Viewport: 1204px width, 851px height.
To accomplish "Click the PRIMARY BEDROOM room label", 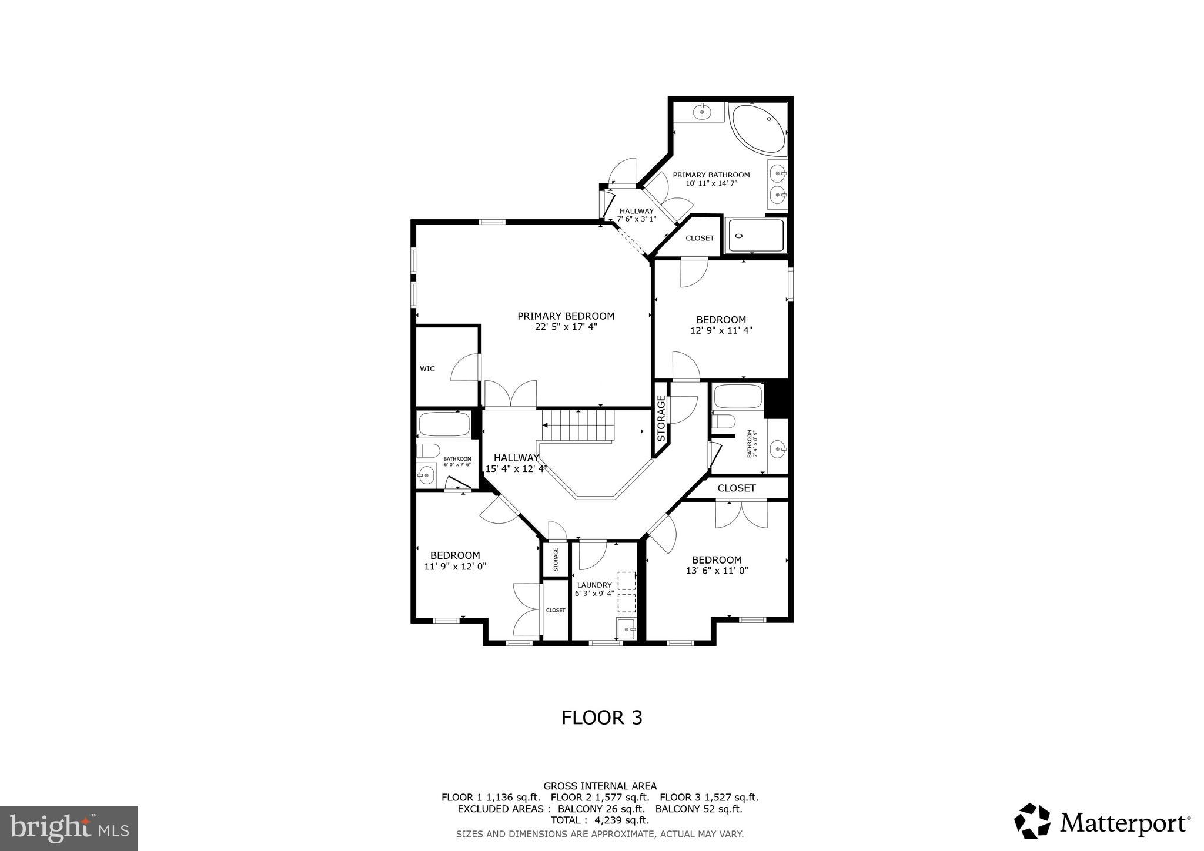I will [566, 316].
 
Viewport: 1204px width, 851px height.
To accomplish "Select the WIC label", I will [427, 369].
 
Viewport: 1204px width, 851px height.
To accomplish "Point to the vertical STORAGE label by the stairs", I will [661, 418].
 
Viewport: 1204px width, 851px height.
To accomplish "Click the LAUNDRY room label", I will [594, 585].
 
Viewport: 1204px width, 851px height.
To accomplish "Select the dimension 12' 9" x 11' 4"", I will [721, 330].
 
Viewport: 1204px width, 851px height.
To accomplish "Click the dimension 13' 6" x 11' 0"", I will [717, 570].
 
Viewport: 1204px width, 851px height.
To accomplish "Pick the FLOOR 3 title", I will [601, 718].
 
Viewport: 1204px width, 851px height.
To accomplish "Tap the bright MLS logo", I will [69, 828].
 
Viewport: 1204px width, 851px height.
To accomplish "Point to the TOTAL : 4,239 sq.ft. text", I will [600, 820].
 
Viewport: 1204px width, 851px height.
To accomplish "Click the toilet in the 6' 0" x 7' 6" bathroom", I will [427, 451].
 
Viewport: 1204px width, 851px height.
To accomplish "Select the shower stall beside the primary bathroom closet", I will [755, 236].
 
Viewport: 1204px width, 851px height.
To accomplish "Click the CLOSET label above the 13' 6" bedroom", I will [736, 488].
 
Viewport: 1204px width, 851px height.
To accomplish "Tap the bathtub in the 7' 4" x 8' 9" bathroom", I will [738, 396].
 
